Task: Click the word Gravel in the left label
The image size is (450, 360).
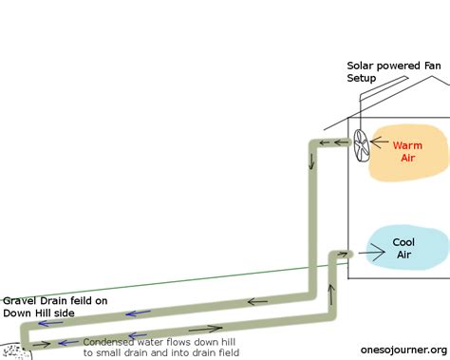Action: click(x=19, y=301)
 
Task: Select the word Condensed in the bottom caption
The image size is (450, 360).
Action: click(x=108, y=341)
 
